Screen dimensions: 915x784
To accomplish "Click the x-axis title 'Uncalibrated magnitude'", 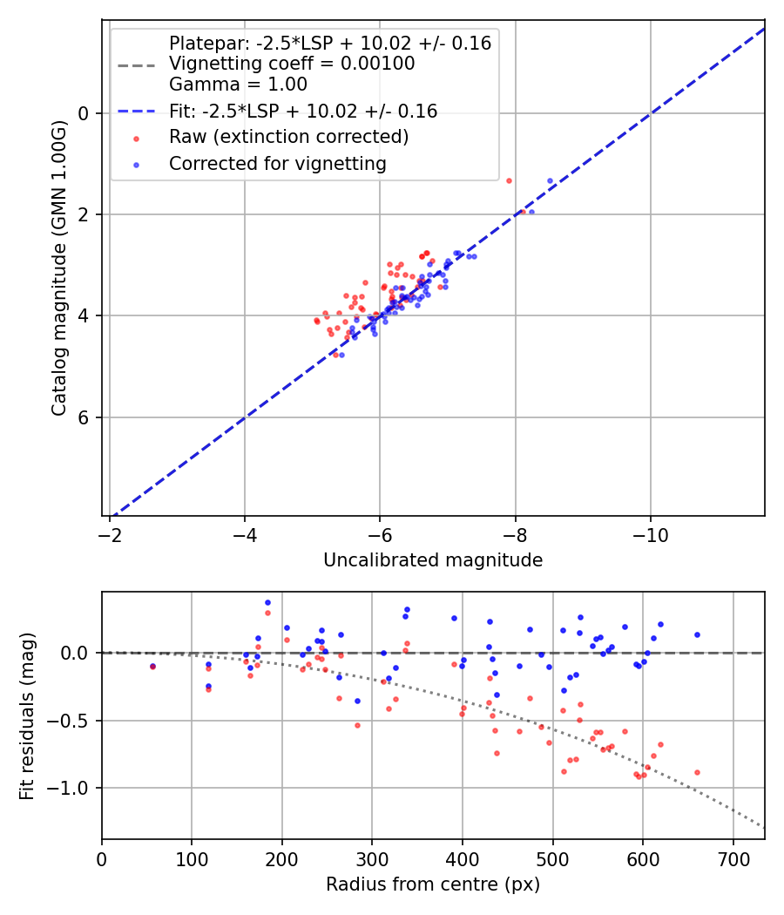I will coord(433,560).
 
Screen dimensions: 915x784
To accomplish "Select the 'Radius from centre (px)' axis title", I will coord(433,884).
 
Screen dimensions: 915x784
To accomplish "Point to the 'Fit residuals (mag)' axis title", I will coord(27,715).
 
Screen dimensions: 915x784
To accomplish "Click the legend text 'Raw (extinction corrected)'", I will coord(288,137).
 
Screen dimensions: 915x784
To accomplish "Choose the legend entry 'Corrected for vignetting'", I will coord(277,163).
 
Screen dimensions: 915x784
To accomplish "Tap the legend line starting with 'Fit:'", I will coord(302,111).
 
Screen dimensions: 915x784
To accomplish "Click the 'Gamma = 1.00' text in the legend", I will coord(238,85).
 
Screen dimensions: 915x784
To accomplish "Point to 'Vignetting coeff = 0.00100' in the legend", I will coord(292,64).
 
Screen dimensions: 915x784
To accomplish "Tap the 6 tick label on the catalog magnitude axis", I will coord(84,417).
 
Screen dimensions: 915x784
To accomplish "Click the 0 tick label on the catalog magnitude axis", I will coord(84,113).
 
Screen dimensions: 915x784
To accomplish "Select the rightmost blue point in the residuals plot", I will coord(697,634).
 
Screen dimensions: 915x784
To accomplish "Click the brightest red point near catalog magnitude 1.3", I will coord(509,180).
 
